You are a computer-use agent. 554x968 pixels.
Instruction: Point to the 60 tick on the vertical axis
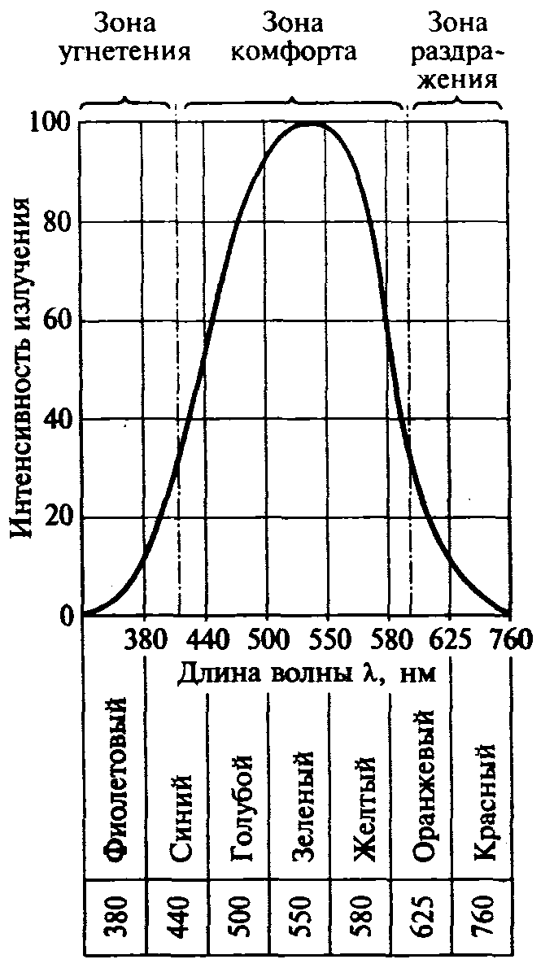click(60, 320)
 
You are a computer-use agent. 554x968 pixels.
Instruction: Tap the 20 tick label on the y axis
click(60, 517)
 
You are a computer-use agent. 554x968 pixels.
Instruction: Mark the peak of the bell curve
click(310, 124)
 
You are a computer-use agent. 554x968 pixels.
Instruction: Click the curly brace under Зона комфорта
click(294, 103)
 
